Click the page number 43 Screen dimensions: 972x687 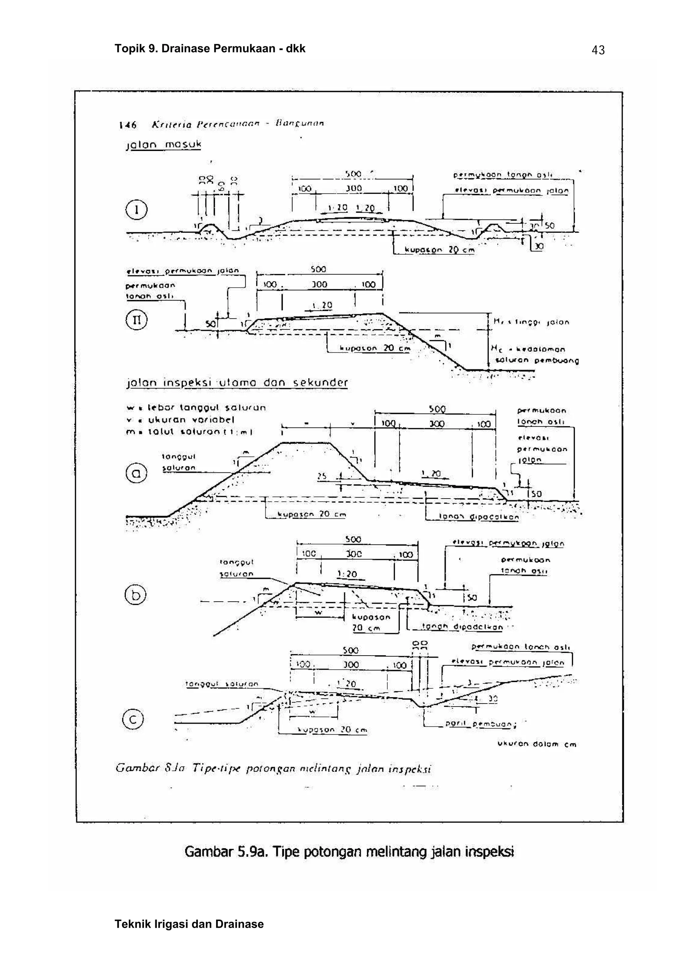click(598, 50)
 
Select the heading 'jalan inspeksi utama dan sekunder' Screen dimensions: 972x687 click(237, 383)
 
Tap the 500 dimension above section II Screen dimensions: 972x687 click(318, 269)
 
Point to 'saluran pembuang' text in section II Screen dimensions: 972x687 click(537, 361)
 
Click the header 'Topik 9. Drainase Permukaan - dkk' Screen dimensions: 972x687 click(210, 49)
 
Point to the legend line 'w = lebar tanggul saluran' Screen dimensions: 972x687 click(196, 408)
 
